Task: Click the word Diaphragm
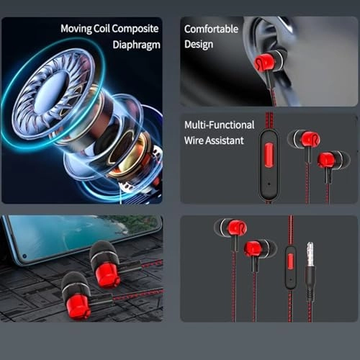click(x=135, y=44)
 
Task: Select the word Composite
click(x=138, y=30)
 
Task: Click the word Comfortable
click(x=212, y=30)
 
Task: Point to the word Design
click(x=199, y=45)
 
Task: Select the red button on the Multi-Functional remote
click(x=269, y=153)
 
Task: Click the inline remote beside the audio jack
click(x=290, y=266)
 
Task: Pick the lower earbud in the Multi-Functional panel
click(x=330, y=160)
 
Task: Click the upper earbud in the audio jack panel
click(x=231, y=229)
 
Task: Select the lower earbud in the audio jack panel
click(x=257, y=249)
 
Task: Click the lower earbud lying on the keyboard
click(x=78, y=296)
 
